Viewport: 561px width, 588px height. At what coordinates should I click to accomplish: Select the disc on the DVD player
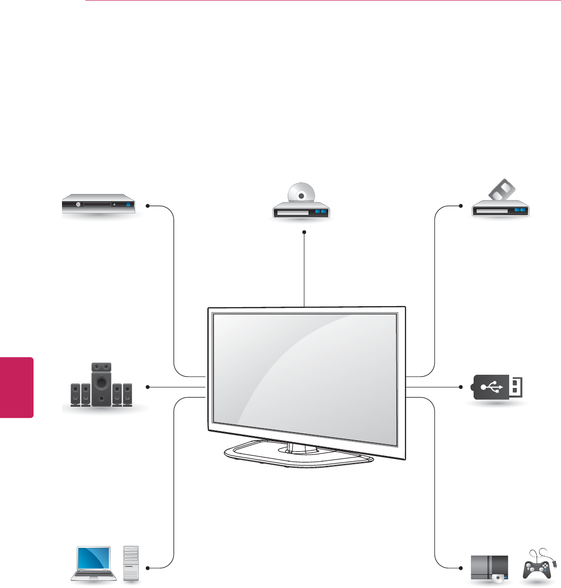point(301,194)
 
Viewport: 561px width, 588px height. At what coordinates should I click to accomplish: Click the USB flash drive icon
point(497,387)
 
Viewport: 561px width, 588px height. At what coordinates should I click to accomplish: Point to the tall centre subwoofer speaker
point(102,384)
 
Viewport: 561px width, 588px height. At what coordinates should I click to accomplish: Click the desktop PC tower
point(131,563)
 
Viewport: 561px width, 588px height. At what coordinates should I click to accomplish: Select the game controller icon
point(540,567)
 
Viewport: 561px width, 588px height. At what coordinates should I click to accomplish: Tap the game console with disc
point(489,568)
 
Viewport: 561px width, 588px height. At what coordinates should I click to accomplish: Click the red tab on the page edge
point(17,387)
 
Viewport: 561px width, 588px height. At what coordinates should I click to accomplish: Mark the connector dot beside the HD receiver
point(147,206)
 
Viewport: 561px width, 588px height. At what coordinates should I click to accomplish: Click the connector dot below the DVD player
point(304,232)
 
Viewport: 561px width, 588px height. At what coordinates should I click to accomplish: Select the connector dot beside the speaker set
point(147,387)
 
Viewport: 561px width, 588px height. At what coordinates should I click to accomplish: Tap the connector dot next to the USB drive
point(460,387)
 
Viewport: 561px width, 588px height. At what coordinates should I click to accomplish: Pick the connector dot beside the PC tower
point(147,567)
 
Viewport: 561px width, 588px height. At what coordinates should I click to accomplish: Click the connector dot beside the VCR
point(460,206)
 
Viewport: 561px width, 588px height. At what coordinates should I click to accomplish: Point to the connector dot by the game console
point(460,567)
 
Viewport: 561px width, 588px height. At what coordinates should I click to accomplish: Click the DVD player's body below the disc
point(302,211)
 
